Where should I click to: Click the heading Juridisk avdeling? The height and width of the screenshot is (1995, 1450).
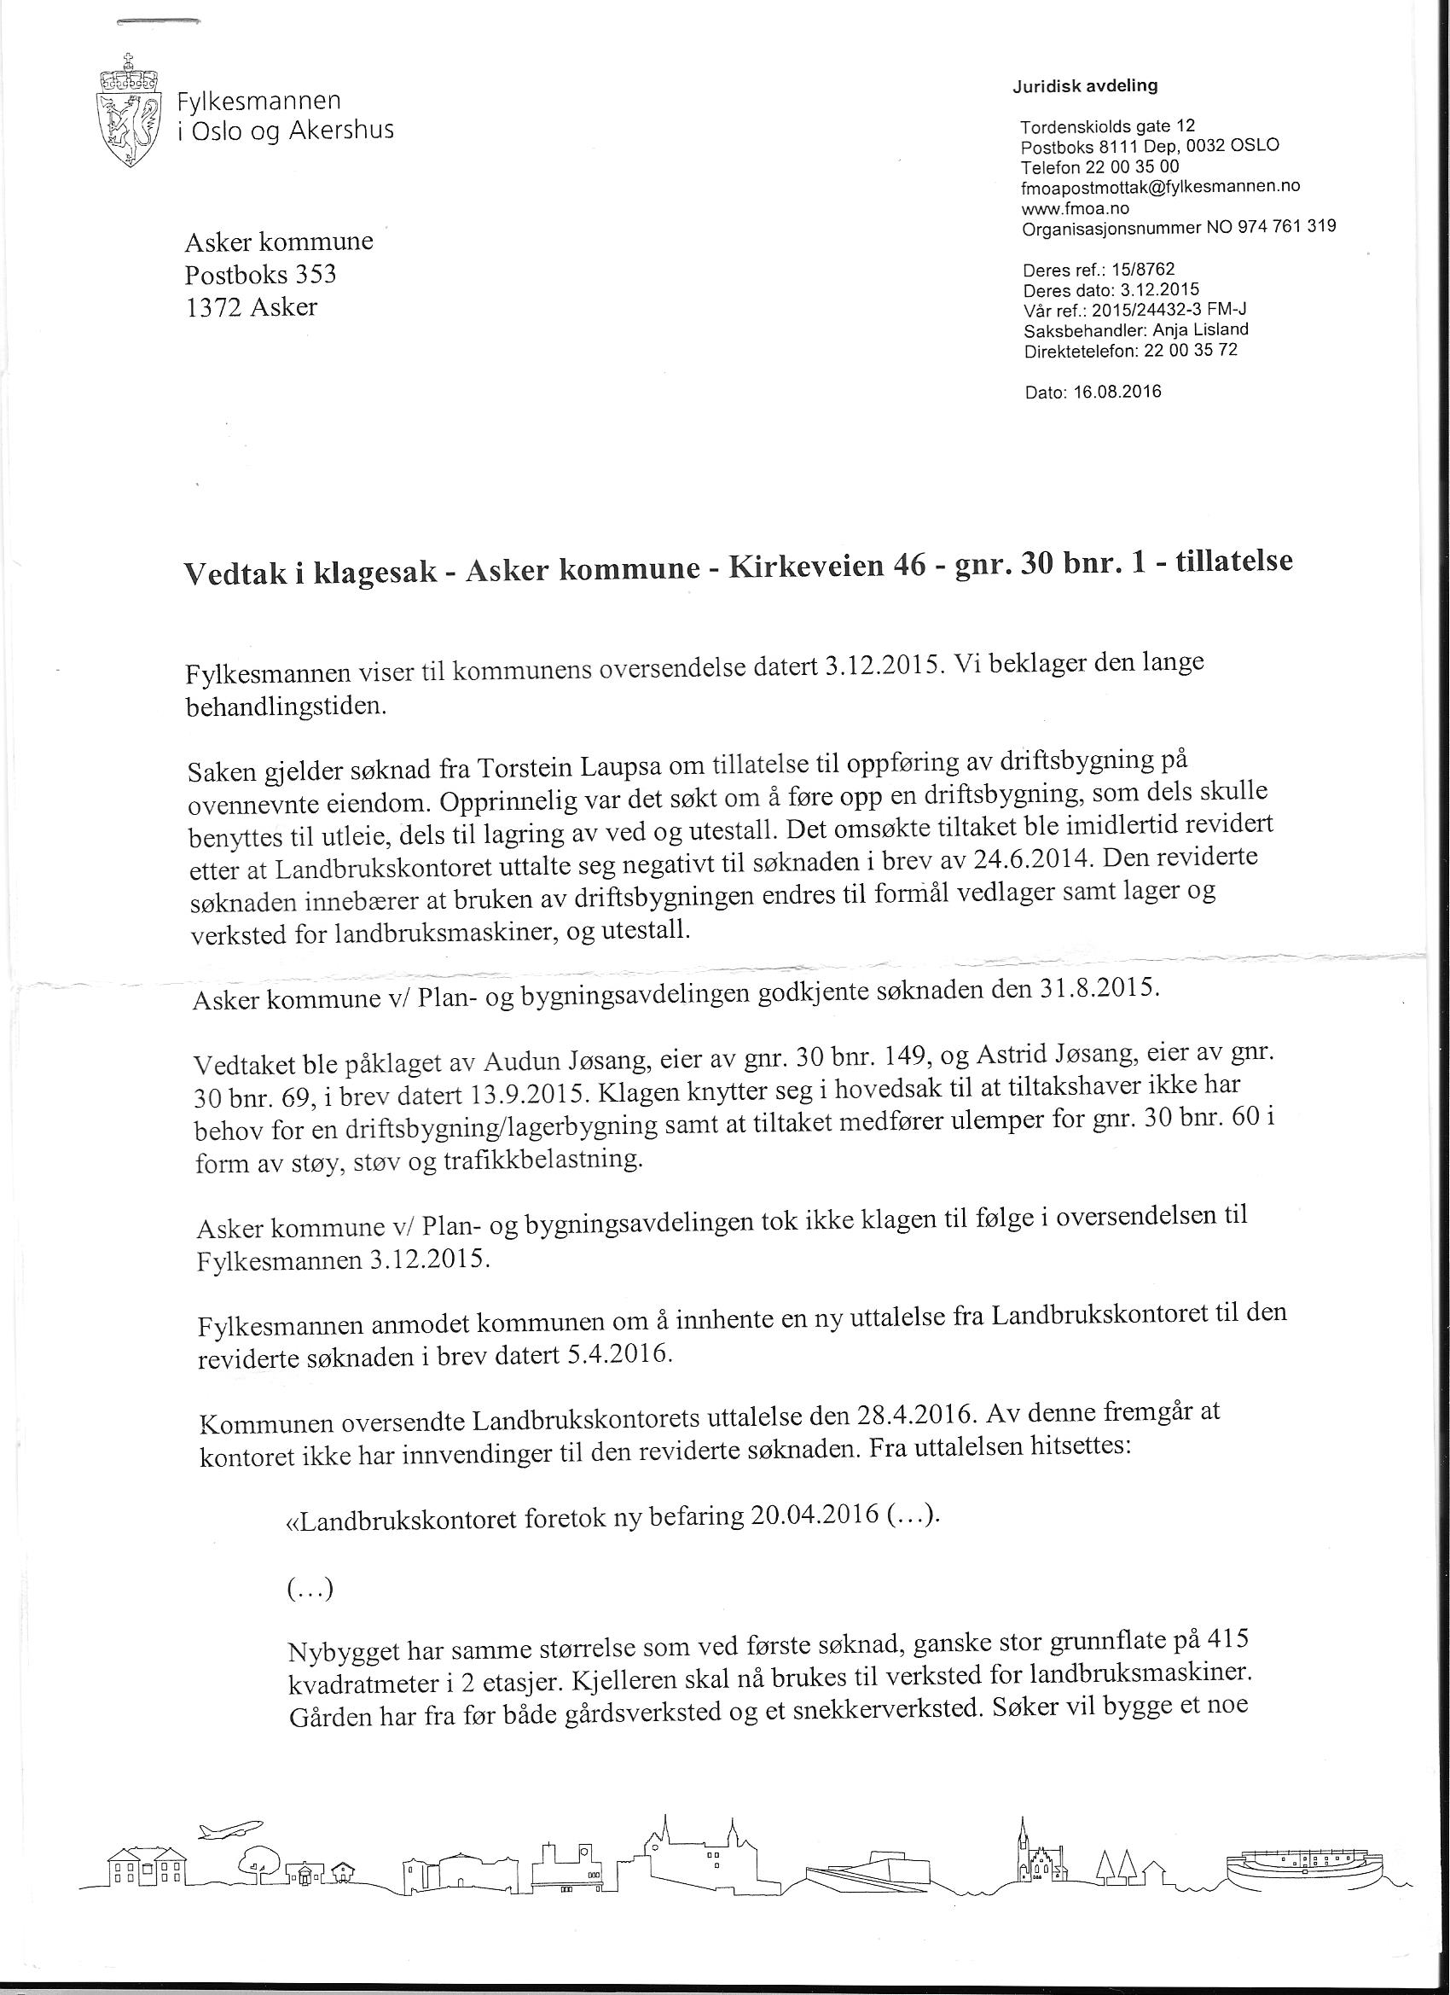click(1085, 86)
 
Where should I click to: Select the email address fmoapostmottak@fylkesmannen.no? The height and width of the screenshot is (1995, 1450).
click(1160, 187)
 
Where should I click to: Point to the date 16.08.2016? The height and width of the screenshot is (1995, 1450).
click(1116, 393)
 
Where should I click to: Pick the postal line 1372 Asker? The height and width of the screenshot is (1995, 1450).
click(251, 308)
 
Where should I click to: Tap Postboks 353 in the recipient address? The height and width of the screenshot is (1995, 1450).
click(260, 275)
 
